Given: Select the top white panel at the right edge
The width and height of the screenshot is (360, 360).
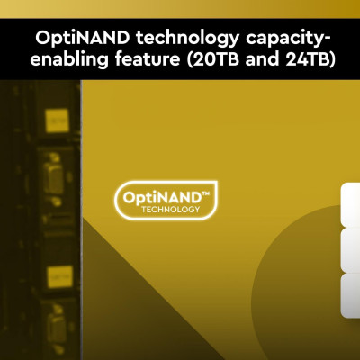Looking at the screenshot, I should click(x=350, y=204).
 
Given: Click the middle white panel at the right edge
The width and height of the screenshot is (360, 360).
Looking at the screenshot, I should click(x=350, y=249).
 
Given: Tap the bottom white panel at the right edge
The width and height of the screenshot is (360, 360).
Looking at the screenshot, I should click(x=350, y=294).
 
